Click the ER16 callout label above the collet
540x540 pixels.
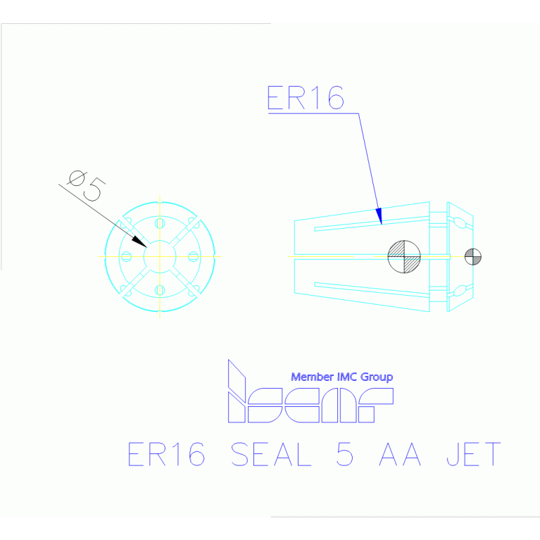(x=306, y=99)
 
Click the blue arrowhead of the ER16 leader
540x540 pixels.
(x=379, y=216)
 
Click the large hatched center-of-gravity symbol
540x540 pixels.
(x=404, y=256)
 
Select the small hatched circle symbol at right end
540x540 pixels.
(x=472, y=256)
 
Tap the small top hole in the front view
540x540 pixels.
(x=160, y=223)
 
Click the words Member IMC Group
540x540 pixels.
(x=341, y=377)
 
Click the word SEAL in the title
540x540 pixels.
(x=271, y=455)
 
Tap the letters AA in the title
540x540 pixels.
(x=400, y=455)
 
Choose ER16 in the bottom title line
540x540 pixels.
(x=166, y=455)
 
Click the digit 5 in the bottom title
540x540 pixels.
(x=345, y=455)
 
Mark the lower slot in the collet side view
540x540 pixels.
(x=371, y=287)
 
